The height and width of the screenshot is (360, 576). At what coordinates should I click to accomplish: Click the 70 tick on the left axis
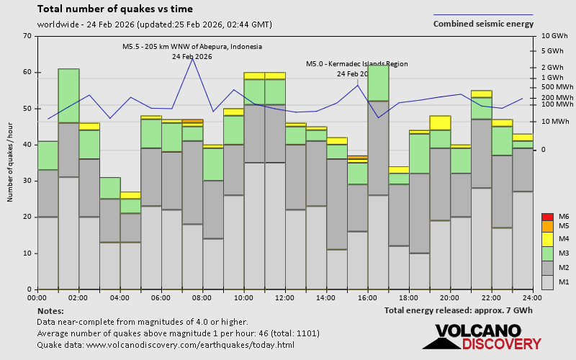point(27,36)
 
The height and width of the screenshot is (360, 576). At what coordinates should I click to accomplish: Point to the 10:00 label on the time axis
point(243,297)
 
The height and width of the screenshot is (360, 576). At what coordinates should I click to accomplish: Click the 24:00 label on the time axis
point(532,297)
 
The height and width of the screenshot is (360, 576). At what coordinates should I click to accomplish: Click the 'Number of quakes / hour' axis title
point(11,163)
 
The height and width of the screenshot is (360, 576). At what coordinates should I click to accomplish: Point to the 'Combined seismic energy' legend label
point(483,24)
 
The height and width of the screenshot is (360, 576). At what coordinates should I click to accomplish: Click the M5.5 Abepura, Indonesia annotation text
point(192,47)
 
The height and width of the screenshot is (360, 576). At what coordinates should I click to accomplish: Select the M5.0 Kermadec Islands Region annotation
point(356,64)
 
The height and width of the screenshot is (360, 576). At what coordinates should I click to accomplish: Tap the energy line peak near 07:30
point(192,58)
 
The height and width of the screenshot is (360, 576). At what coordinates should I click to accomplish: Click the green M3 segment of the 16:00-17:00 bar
point(378,83)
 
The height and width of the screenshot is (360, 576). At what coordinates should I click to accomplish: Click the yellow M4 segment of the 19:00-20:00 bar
point(440,122)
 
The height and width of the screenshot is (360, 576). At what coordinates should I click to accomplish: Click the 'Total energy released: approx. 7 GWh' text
point(459,310)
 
